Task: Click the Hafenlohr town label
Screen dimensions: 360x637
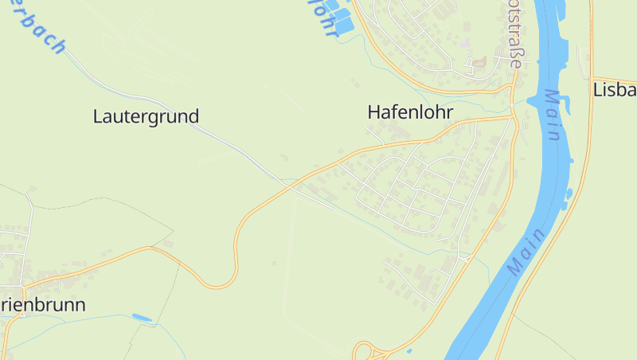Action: (410, 113)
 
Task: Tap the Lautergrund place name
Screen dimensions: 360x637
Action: (146, 116)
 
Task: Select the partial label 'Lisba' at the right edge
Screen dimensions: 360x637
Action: (615, 90)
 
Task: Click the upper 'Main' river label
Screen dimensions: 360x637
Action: (553, 115)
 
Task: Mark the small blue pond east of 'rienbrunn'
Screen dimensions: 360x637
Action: (142, 318)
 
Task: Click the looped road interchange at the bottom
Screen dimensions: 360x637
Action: (365, 351)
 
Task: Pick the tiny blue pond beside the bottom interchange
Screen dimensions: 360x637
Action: (409, 350)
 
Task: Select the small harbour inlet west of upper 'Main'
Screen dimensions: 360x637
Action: (530, 100)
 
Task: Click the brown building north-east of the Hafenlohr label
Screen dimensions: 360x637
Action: (480, 62)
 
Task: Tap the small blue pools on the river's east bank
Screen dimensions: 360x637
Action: (569, 194)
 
